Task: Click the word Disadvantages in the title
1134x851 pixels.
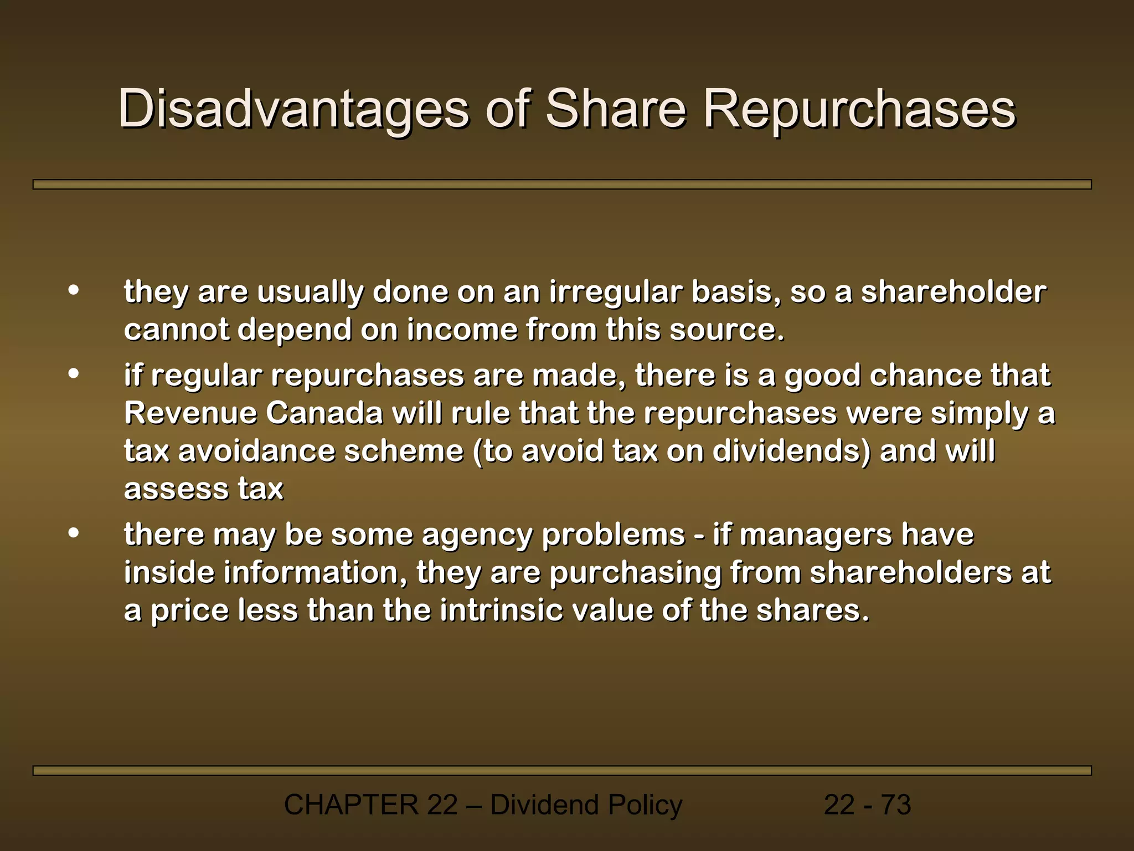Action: click(x=293, y=109)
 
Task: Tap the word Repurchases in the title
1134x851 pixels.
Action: click(x=859, y=109)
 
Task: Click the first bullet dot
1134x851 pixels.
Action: click(x=74, y=290)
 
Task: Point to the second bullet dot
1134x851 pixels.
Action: click(x=74, y=374)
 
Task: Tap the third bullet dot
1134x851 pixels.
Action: click(x=74, y=533)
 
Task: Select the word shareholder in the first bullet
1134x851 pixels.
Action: click(x=953, y=292)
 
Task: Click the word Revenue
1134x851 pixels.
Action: click(x=190, y=413)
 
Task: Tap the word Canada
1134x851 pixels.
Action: click(x=324, y=413)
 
